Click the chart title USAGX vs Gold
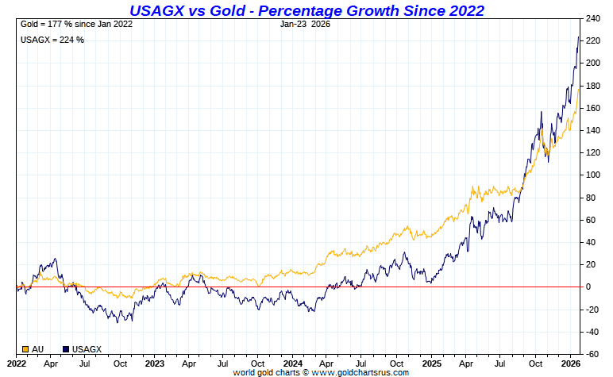tap(306, 10)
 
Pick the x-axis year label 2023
tap(154, 363)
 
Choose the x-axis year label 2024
tap(292, 363)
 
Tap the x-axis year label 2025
tap(430, 363)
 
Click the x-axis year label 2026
tap(569, 363)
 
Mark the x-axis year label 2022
tap(17, 363)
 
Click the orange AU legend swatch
tap(25, 348)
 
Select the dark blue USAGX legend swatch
tap(66, 348)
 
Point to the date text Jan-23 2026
tap(306, 25)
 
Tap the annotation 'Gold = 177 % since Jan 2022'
tap(75, 25)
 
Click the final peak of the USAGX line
tap(577, 37)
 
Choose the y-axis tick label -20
tap(592, 309)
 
